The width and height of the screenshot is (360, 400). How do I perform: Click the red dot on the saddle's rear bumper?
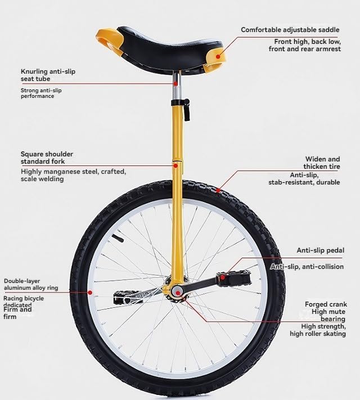[218, 56]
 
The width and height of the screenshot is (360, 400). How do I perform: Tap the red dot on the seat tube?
[175, 83]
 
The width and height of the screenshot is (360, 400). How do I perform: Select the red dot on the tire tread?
[218, 190]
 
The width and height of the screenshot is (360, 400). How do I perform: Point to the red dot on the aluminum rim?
[90, 293]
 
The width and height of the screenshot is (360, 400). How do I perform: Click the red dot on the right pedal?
[223, 277]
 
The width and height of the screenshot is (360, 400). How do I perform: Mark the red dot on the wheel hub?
[178, 293]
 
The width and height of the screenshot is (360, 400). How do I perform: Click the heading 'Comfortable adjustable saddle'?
[290, 30]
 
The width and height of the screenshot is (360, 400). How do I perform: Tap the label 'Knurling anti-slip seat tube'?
[48, 75]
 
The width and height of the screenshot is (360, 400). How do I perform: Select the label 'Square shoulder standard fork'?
[47, 158]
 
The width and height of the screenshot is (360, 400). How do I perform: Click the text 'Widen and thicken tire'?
[322, 163]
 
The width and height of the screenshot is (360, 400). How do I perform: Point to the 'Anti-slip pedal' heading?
[321, 250]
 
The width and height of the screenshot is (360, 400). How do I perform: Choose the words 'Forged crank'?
[326, 304]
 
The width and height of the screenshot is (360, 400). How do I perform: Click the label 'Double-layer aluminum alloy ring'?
[31, 285]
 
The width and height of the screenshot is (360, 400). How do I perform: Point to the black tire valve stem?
[118, 238]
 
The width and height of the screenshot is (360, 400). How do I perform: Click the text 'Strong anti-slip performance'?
[41, 93]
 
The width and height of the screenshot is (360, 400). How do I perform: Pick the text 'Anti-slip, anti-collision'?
[307, 267]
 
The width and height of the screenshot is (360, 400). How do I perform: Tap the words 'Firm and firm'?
[17, 313]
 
